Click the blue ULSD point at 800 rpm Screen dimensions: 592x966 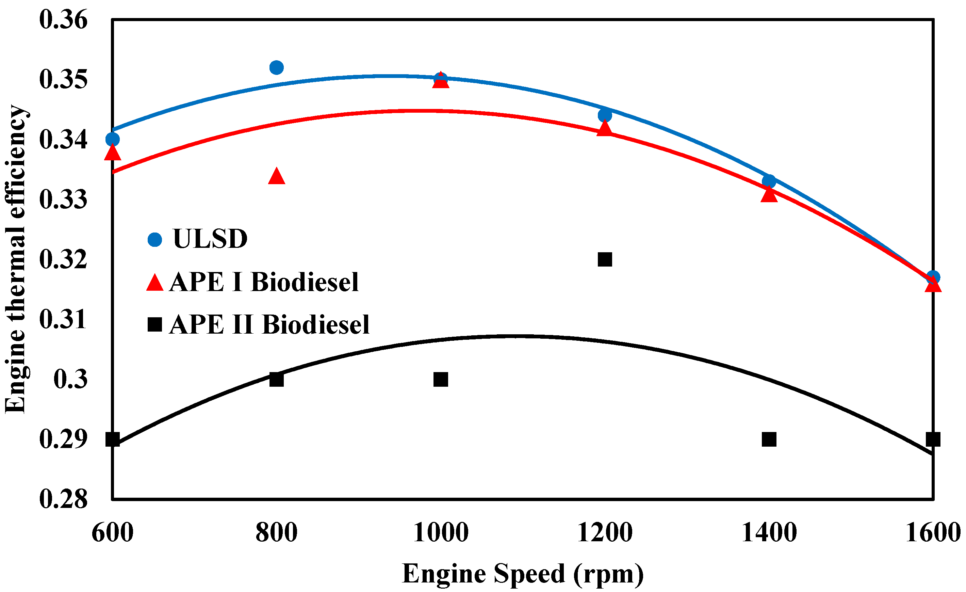click(276, 67)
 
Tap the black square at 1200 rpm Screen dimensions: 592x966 click(605, 259)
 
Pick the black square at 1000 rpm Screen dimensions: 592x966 click(441, 379)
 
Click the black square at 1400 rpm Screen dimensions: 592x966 click(769, 439)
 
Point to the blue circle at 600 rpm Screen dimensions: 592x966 click(113, 139)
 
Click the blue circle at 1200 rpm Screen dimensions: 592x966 click(605, 115)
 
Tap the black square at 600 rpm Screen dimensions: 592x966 click(113, 439)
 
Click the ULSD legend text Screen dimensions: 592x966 click(210, 239)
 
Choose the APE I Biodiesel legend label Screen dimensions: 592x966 click(264, 282)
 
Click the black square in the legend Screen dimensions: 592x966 click(155, 325)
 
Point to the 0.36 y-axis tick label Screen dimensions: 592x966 click(63, 20)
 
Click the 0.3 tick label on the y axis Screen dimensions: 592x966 click(70, 379)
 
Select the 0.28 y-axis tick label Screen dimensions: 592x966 click(63, 499)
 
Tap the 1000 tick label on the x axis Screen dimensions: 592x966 click(441, 532)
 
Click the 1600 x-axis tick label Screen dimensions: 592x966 click(932, 532)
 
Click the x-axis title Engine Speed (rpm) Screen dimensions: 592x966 click(523, 574)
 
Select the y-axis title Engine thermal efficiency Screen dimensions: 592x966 click(16, 259)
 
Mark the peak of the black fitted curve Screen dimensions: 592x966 click(513, 336)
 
